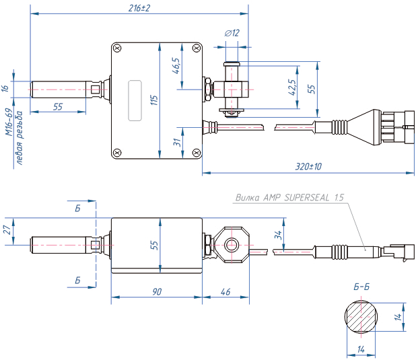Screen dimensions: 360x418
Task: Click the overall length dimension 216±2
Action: pyautogui.click(x=139, y=8)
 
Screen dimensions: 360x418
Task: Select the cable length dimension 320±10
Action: pyautogui.click(x=309, y=166)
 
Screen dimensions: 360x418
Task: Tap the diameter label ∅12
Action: pyautogui.click(x=232, y=32)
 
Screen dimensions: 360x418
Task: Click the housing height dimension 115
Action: pyautogui.click(x=154, y=100)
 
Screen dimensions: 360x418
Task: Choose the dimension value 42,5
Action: pyautogui.click(x=291, y=88)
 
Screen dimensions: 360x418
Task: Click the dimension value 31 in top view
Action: pyautogui.click(x=176, y=143)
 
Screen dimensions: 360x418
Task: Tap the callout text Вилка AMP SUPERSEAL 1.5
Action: pyautogui.click(x=290, y=198)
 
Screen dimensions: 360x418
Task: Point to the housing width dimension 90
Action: pyautogui.click(x=156, y=292)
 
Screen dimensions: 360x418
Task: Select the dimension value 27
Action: pyautogui.click(x=7, y=229)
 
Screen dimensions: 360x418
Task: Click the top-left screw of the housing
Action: pyautogui.click(x=118, y=48)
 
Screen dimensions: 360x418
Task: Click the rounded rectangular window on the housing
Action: pyautogui.click(x=135, y=100)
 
